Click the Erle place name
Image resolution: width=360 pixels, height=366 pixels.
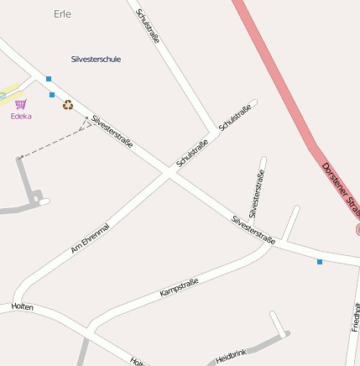coord(62,14)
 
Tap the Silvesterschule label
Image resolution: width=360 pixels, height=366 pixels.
coord(96,60)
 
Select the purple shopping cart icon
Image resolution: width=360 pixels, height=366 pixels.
coord(21,104)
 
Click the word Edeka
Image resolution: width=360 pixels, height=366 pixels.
coord(21,117)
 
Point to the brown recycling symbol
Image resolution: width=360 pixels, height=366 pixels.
coord(67,105)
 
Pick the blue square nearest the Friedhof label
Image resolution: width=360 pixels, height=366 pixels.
coord(320,262)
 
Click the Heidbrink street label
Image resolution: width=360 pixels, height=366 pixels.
coord(231,356)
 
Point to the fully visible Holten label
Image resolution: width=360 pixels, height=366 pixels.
coord(22,307)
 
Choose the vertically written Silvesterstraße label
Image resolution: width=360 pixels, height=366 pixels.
coord(257,194)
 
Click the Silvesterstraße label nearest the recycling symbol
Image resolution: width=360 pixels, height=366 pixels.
coord(112,132)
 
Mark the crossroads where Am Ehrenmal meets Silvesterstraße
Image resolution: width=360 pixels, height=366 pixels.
coord(169,175)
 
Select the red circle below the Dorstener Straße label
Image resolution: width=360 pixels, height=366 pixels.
coord(357,228)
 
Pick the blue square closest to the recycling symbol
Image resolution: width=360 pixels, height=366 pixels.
coord(52,95)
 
